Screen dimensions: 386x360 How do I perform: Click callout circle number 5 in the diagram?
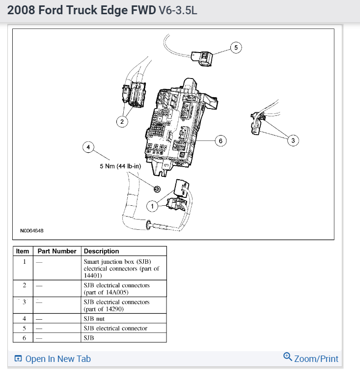pos(236,48)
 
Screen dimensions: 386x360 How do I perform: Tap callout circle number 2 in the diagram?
pos(122,121)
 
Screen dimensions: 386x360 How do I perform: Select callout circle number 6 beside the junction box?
pos(221,141)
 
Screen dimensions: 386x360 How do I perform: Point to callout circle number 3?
pos(293,141)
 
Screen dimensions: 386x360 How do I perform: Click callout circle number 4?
pos(88,147)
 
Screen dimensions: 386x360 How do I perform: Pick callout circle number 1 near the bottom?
pos(153,206)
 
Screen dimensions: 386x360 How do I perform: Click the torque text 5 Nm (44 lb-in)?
pos(120,166)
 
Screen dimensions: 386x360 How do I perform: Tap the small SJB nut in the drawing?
pos(157,190)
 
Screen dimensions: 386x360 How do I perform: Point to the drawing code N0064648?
pos(31,230)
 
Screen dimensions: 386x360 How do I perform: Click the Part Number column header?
pos(57,251)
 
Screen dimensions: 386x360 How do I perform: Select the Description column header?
pos(101,251)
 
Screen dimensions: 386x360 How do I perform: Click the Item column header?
pos(23,251)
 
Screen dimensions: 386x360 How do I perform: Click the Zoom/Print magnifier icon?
pos(288,357)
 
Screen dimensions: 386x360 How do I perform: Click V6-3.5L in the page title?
pos(178,10)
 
